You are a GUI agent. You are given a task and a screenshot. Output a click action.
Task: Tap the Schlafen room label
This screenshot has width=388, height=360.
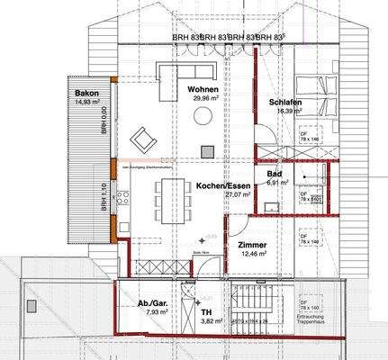pos(285,103)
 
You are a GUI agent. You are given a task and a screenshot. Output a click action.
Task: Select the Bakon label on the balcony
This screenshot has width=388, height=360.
pos(86,94)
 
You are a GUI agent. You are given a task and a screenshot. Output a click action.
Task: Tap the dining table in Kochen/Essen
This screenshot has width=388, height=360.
pos(169,197)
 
